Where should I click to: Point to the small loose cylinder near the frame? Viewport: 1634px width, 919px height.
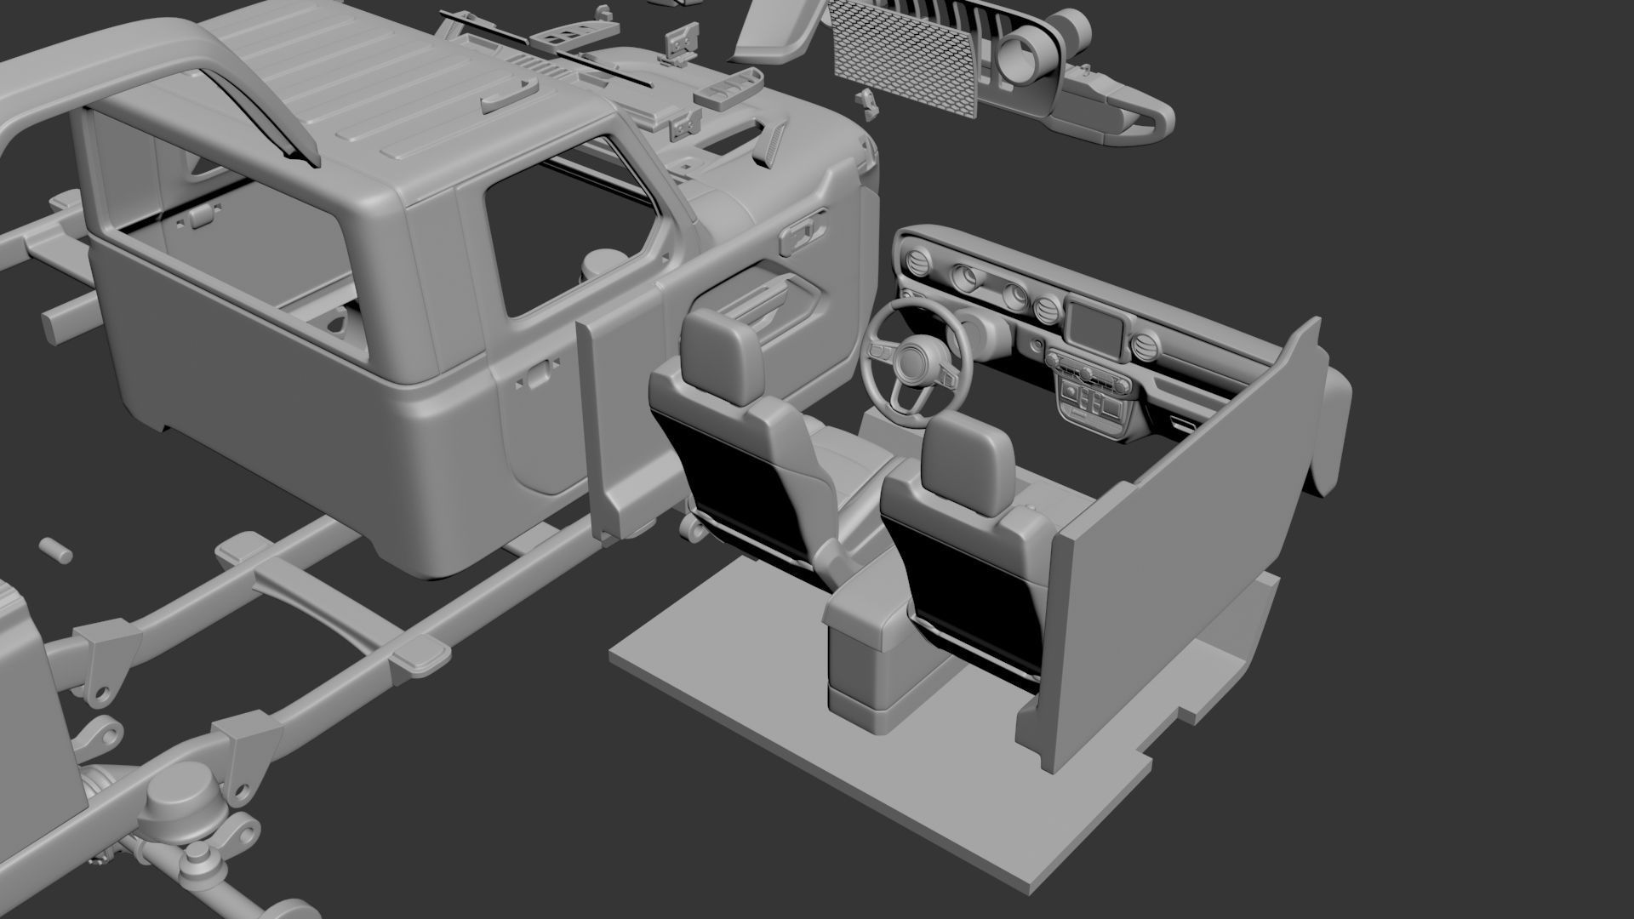click(x=56, y=549)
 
